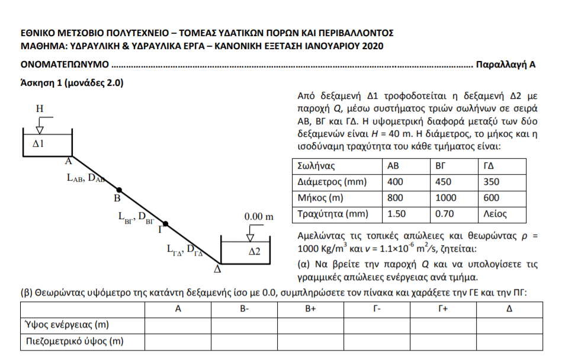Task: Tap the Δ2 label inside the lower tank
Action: tap(254, 251)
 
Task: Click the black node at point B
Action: tap(119, 189)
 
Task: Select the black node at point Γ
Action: tap(166, 224)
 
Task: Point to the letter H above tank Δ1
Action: tap(39, 108)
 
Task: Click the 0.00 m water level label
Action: tap(259, 217)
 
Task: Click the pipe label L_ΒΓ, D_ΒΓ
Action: tap(136, 217)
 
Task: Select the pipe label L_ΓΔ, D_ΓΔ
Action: tap(184, 249)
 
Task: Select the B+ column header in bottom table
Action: tap(311, 309)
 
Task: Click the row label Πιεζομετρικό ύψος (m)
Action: tap(74, 340)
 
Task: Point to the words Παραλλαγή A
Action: tap(506, 64)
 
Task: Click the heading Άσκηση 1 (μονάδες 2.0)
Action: tap(72, 83)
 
